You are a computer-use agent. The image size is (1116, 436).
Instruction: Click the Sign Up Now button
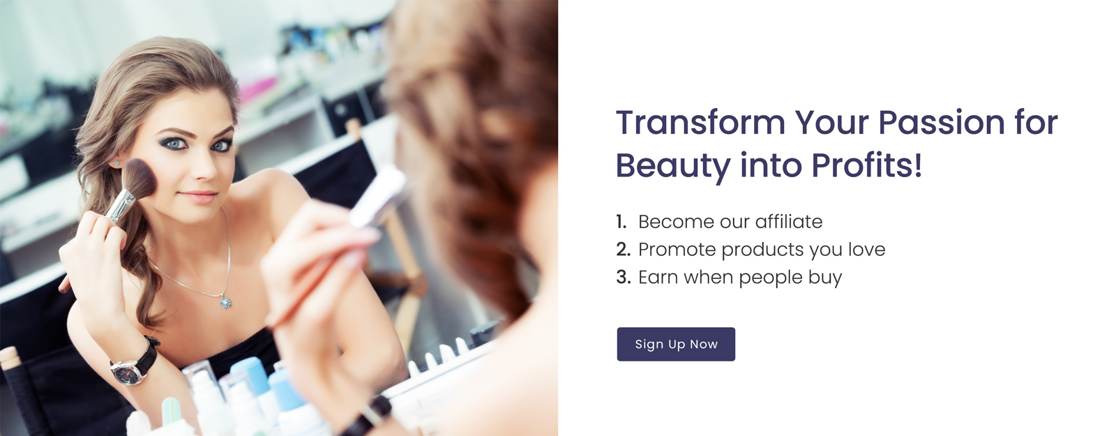pos(676,345)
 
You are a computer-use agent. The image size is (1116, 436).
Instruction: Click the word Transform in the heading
pos(700,123)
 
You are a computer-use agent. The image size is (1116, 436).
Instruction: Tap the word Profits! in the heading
pos(866,165)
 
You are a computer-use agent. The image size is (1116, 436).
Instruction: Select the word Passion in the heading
pos(941,123)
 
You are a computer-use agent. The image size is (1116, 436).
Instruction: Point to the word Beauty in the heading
pos(673,167)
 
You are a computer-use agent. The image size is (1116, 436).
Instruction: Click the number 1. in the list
pos(621,222)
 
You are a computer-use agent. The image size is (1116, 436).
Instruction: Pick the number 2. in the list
pos(624,250)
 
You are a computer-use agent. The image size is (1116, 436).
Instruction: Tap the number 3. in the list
pos(624,278)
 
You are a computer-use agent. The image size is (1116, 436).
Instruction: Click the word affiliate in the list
pos(789,222)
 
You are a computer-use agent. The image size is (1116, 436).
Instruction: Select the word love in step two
pos(867,249)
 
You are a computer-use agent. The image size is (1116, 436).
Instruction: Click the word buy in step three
pos(825,278)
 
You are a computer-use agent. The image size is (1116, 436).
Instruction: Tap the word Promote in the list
pos(677,250)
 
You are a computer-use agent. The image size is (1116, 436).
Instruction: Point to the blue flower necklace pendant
pos(226,301)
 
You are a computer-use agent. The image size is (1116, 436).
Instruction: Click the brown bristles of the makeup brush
pos(139,178)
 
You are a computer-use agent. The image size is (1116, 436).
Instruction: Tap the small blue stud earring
pos(116,163)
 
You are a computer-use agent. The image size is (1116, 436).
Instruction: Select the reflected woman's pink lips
pos(198,196)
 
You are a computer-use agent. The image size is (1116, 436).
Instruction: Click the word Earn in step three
pos(658,278)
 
